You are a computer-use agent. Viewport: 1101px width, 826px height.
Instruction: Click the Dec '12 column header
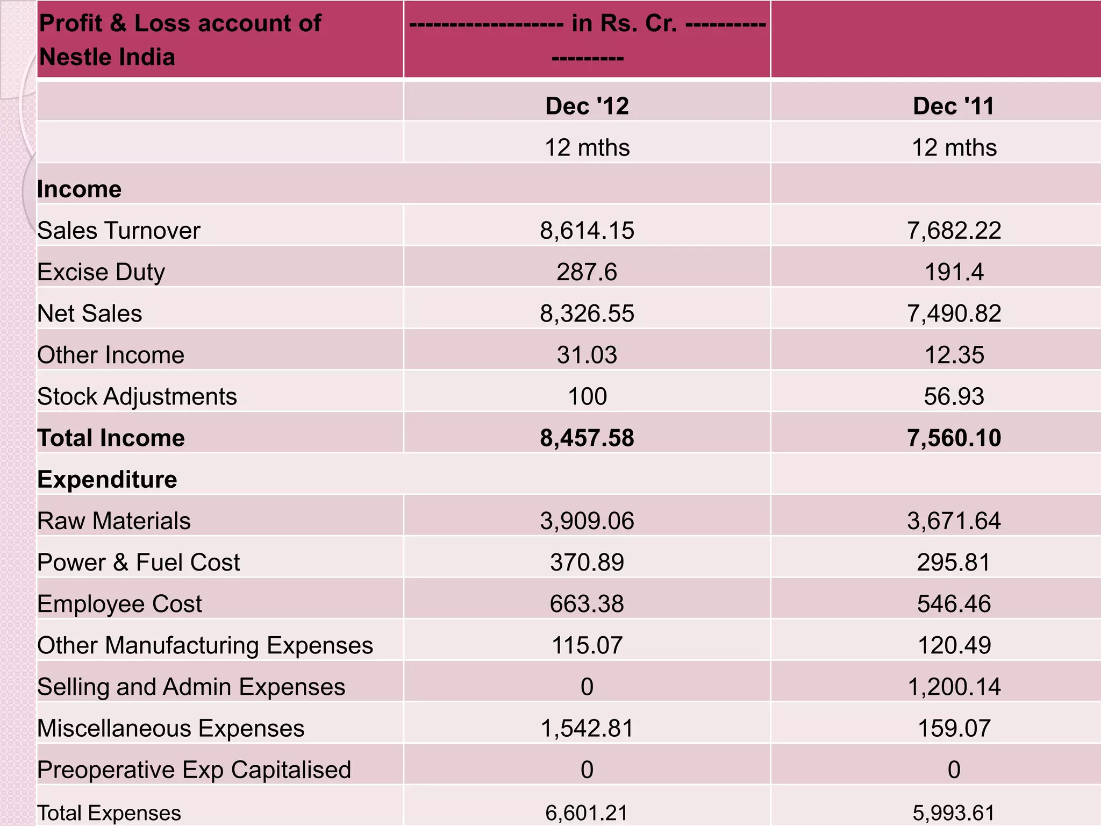tap(587, 106)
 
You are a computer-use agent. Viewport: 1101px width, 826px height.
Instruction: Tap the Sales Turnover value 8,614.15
tap(587, 231)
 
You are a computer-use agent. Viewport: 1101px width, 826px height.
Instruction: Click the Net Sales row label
tap(90, 314)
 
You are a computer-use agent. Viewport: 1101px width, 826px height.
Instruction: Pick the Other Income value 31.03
tap(587, 355)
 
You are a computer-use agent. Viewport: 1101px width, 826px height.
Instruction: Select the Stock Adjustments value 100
tap(587, 396)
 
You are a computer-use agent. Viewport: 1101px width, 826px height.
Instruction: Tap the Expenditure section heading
tap(107, 479)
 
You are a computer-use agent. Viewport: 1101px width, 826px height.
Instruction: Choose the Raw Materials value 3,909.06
tap(587, 521)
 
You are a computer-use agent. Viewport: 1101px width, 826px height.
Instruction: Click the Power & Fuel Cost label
tap(138, 562)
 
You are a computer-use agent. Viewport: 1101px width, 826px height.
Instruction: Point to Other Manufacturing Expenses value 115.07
tap(587, 645)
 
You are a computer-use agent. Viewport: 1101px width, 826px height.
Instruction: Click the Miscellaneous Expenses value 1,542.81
tap(587, 728)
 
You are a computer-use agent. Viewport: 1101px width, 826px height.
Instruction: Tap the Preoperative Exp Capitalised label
tap(194, 770)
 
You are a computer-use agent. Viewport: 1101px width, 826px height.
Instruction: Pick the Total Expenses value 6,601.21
tap(587, 813)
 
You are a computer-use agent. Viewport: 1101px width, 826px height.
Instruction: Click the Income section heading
tap(79, 189)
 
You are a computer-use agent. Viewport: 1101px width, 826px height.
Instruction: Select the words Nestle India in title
tap(107, 57)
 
